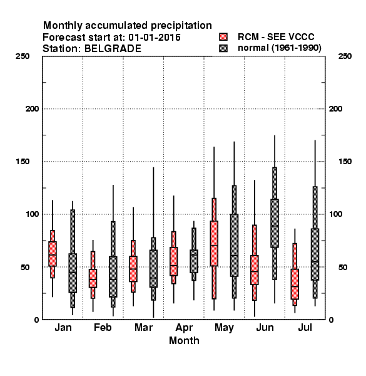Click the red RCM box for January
(x=53, y=254)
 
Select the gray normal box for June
(x=275, y=223)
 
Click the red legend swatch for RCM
(x=223, y=37)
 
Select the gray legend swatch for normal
(x=223, y=48)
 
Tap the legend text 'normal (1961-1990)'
(x=279, y=48)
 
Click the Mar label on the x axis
(x=144, y=327)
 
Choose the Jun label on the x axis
(x=265, y=327)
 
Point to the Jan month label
(x=63, y=327)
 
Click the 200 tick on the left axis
(x=32, y=109)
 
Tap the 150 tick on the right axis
(x=345, y=162)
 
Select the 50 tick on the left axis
(x=25, y=267)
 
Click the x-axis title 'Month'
(x=184, y=340)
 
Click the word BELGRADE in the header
(x=113, y=49)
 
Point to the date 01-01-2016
(x=155, y=38)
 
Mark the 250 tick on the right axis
(x=345, y=56)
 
